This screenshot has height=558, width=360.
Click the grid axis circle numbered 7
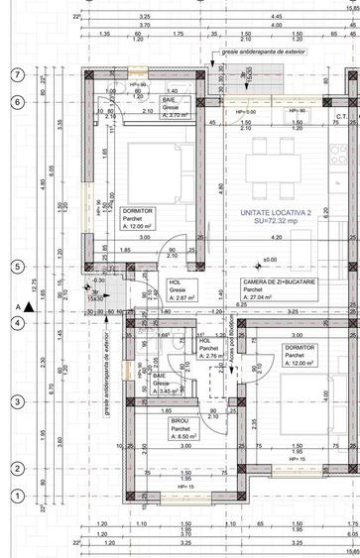[17, 74]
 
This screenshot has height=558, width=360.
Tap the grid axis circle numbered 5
[17, 267]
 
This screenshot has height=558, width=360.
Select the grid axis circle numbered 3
[17, 401]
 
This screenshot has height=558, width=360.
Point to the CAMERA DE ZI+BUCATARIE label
[280, 282]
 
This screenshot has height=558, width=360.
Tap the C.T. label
[339, 117]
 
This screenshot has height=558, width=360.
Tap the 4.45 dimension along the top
[275, 17]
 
